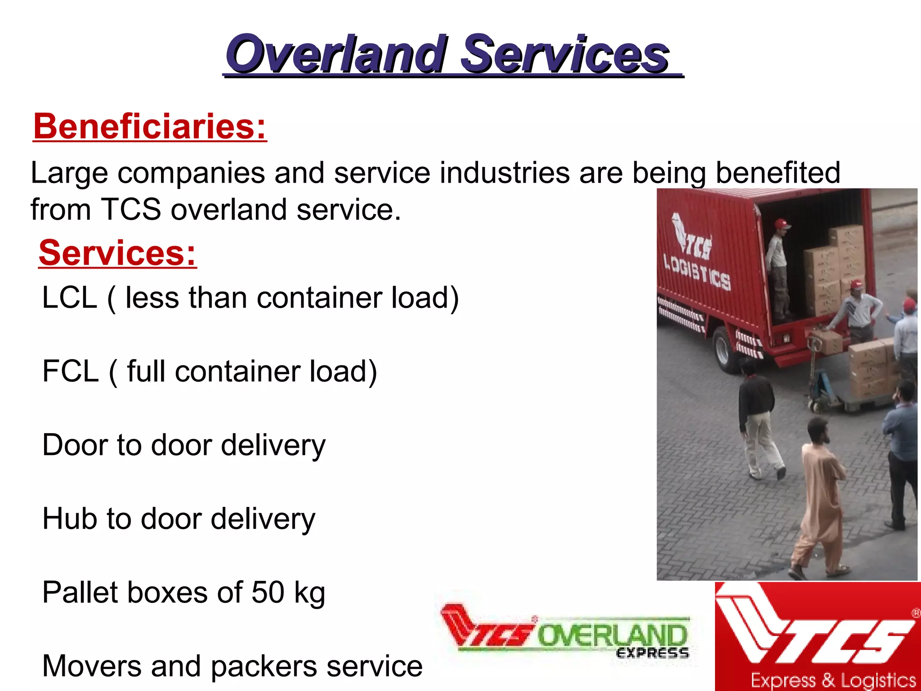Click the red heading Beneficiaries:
(150, 126)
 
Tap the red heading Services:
(117, 253)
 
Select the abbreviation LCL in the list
(69, 298)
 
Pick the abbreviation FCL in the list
(70, 372)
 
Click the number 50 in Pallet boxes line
(268, 592)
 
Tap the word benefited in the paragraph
(778, 173)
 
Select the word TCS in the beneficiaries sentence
(131, 210)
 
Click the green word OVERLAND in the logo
(613, 636)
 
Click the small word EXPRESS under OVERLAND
(652, 653)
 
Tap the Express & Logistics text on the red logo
(833, 680)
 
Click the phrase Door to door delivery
(183, 445)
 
